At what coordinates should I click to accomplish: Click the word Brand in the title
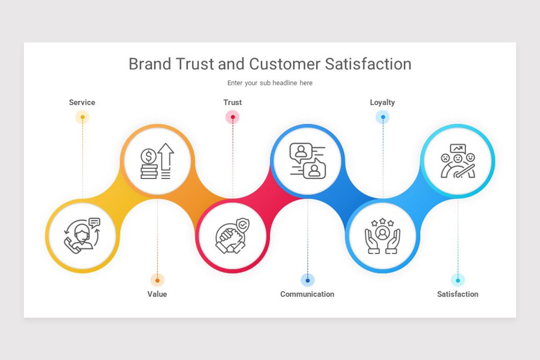pyautogui.click(x=149, y=64)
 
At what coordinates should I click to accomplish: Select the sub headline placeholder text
pyautogui.click(x=270, y=83)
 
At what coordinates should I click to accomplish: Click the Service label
pyautogui.click(x=82, y=102)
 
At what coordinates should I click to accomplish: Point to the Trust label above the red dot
pyautogui.click(x=232, y=102)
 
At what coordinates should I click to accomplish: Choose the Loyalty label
pyautogui.click(x=382, y=102)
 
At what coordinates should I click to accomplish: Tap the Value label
pyautogui.click(x=157, y=294)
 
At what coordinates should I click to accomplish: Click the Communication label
pyautogui.click(x=307, y=294)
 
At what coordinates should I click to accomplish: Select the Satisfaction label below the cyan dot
pyautogui.click(x=458, y=294)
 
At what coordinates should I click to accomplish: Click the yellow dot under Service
pyautogui.click(x=82, y=117)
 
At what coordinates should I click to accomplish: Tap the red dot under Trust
pyautogui.click(x=232, y=117)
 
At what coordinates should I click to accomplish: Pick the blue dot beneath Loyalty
pyautogui.click(x=382, y=117)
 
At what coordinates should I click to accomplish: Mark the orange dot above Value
pyautogui.click(x=157, y=280)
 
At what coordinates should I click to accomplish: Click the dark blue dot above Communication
pyautogui.click(x=307, y=280)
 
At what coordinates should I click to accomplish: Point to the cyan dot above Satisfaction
pyautogui.click(x=458, y=280)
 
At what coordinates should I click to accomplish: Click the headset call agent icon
pyautogui.click(x=82, y=235)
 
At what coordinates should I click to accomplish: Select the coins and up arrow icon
pyautogui.click(x=157, y=161)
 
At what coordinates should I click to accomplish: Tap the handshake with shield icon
pyautogui.click(x=232, y=235)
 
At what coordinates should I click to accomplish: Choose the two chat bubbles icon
pyautogui.click(x=307, y=161)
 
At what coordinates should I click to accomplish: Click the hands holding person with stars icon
pyautogui.click(x=382, y=235)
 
